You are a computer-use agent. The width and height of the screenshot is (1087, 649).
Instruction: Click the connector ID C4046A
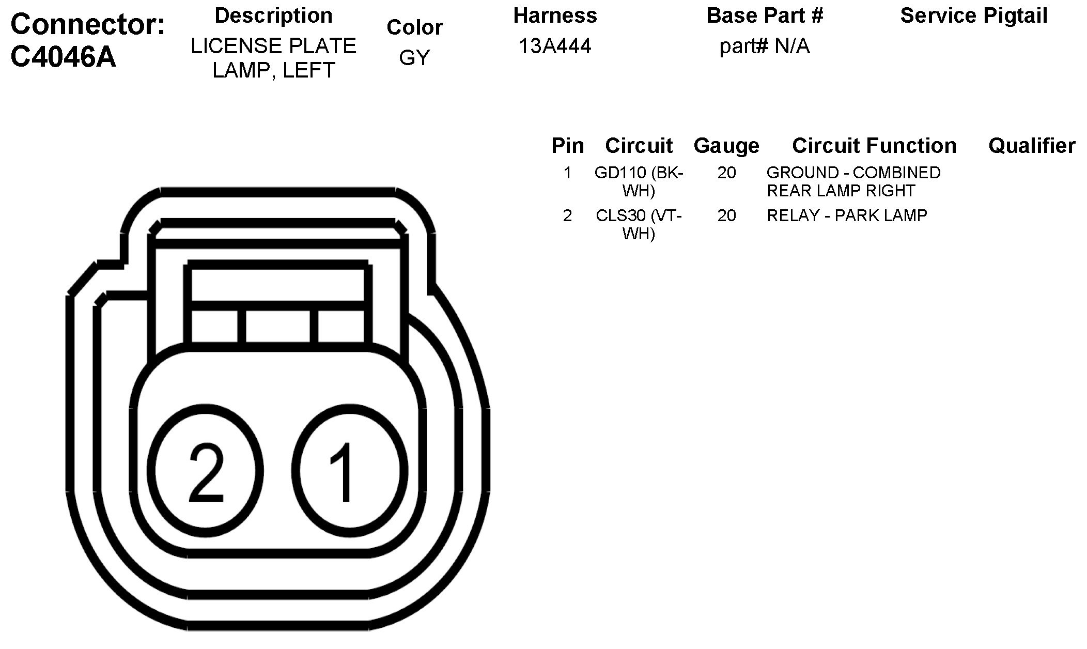pyautogui.click(x=63, y=57)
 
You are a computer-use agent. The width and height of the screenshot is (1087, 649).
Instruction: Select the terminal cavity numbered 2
pyautogui.click(x=206, y=470)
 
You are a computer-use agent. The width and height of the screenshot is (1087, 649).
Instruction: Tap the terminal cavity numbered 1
pyautogui.click(x=350, y=470)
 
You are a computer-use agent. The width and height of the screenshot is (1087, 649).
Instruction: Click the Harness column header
pyautogui.click(x=555, y=16)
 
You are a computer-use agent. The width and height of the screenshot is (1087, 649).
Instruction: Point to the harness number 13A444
pyautogui.click(x=555, y=47)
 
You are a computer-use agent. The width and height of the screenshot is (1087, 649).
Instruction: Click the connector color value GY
pyautogui.click(x=414, y=58)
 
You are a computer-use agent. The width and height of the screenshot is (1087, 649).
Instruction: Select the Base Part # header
pyautogui.click(x=765, y=16)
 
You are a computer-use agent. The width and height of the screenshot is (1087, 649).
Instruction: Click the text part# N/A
pyautogui.click(x=765, y=47)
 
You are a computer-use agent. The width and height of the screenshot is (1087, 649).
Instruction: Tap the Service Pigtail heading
pyautogui.click(x=974, y=17)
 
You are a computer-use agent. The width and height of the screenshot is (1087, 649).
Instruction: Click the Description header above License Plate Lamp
pyautogui.click(x=273, y=16)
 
